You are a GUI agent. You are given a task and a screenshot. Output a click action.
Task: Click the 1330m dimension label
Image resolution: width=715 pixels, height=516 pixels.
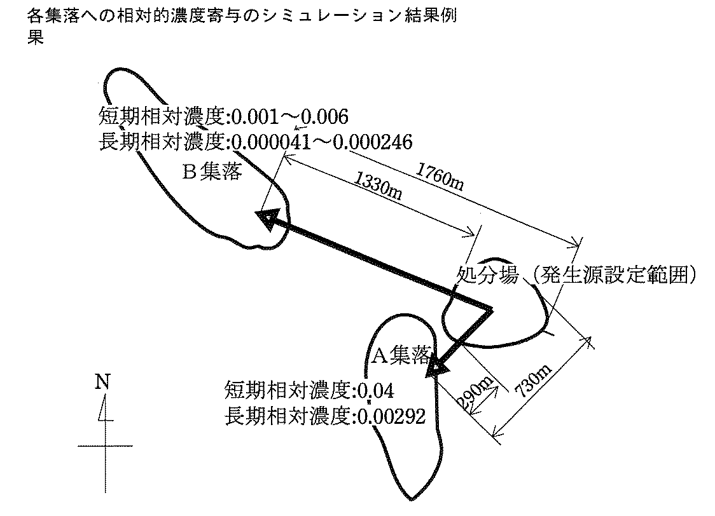tap(378, 186)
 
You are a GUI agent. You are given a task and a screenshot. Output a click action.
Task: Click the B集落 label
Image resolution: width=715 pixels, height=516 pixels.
tap(212, 172)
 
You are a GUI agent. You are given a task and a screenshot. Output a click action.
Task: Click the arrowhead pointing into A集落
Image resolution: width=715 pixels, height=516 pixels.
tap(438, 367)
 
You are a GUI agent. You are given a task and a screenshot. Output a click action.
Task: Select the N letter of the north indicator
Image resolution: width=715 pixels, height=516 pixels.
tap(102, 381)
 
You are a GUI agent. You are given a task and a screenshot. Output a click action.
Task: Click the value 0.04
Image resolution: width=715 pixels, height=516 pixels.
tap(380, 389)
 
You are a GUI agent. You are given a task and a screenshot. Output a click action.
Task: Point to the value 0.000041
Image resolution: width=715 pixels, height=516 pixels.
tap(271, 141)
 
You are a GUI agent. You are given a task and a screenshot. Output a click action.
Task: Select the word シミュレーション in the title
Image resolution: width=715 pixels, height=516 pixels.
tap(316, 17)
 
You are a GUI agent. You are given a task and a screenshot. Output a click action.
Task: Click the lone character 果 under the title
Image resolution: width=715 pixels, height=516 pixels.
tap(35, 37)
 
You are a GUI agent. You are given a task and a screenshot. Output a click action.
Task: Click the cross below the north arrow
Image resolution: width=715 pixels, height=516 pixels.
tap(104, 446)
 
